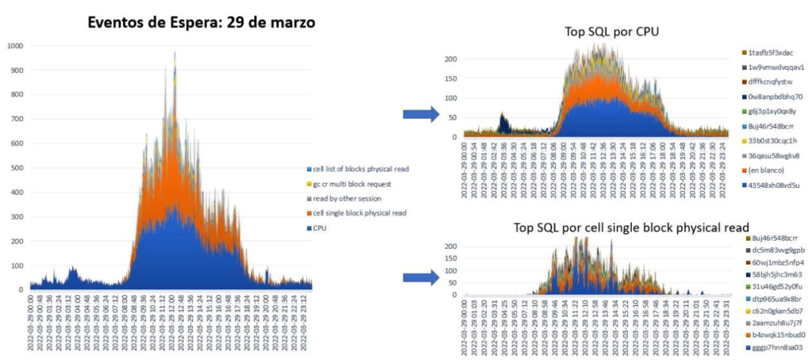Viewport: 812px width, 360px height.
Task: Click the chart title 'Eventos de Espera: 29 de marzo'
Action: coord(202,23)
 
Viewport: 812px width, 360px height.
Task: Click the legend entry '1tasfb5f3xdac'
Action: coord(774,52)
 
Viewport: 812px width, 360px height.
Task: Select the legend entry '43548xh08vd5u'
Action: coord(774,185)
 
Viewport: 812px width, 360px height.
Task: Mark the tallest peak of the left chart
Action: coord(175,54)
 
